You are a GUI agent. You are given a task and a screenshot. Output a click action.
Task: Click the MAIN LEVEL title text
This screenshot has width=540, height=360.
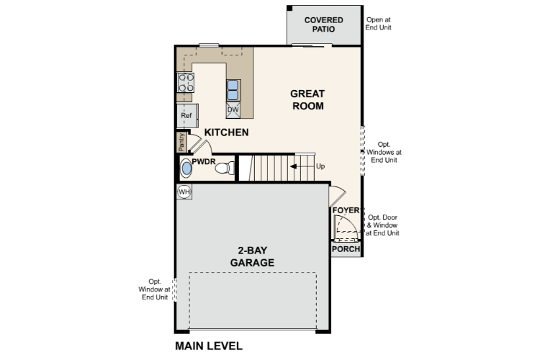(209, 346)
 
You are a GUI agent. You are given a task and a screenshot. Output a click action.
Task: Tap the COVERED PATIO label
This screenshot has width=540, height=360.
(323, 24)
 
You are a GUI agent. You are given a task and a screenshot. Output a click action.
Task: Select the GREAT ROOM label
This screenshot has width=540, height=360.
(307, 100)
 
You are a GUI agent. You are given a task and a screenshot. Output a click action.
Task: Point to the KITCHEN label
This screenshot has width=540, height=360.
(226, 132)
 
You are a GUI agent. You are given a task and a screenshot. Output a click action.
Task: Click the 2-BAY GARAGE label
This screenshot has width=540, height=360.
(252, 257)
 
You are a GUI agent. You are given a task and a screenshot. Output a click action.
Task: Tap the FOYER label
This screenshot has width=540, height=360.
(346, 211)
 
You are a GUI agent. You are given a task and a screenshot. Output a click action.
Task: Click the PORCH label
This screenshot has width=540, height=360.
(345, 249)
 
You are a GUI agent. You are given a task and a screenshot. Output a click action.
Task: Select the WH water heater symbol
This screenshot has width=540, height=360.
(184, 192)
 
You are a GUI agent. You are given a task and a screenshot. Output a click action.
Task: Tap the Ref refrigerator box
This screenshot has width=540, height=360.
(186, 115)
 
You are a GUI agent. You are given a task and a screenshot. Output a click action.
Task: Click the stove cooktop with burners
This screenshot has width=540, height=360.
(186, 83)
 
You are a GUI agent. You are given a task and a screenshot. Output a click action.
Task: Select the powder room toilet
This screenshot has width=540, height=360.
(226, 168)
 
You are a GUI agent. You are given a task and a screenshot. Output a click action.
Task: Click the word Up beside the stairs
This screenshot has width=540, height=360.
(320, 166)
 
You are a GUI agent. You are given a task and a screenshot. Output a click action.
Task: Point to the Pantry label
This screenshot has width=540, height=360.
(181, 142)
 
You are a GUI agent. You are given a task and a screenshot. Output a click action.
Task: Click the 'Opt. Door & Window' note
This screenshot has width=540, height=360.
(383, 225)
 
